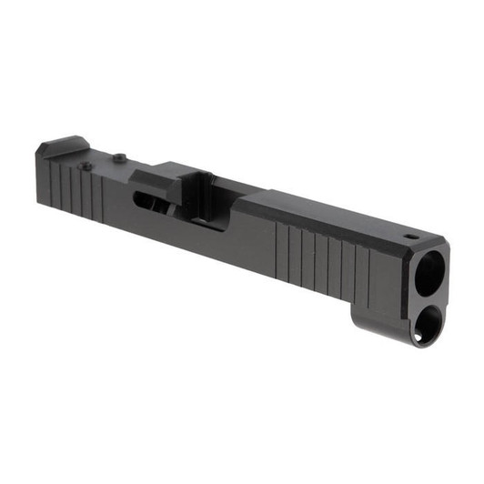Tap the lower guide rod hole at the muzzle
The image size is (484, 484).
click(425, 324)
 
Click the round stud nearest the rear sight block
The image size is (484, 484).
click(86, 166)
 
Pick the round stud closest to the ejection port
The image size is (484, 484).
click(119, 158)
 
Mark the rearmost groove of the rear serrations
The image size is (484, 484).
click(50, 181)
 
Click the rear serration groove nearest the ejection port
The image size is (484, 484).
click(100, 195)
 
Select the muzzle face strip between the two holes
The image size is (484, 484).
click(429, 298)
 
